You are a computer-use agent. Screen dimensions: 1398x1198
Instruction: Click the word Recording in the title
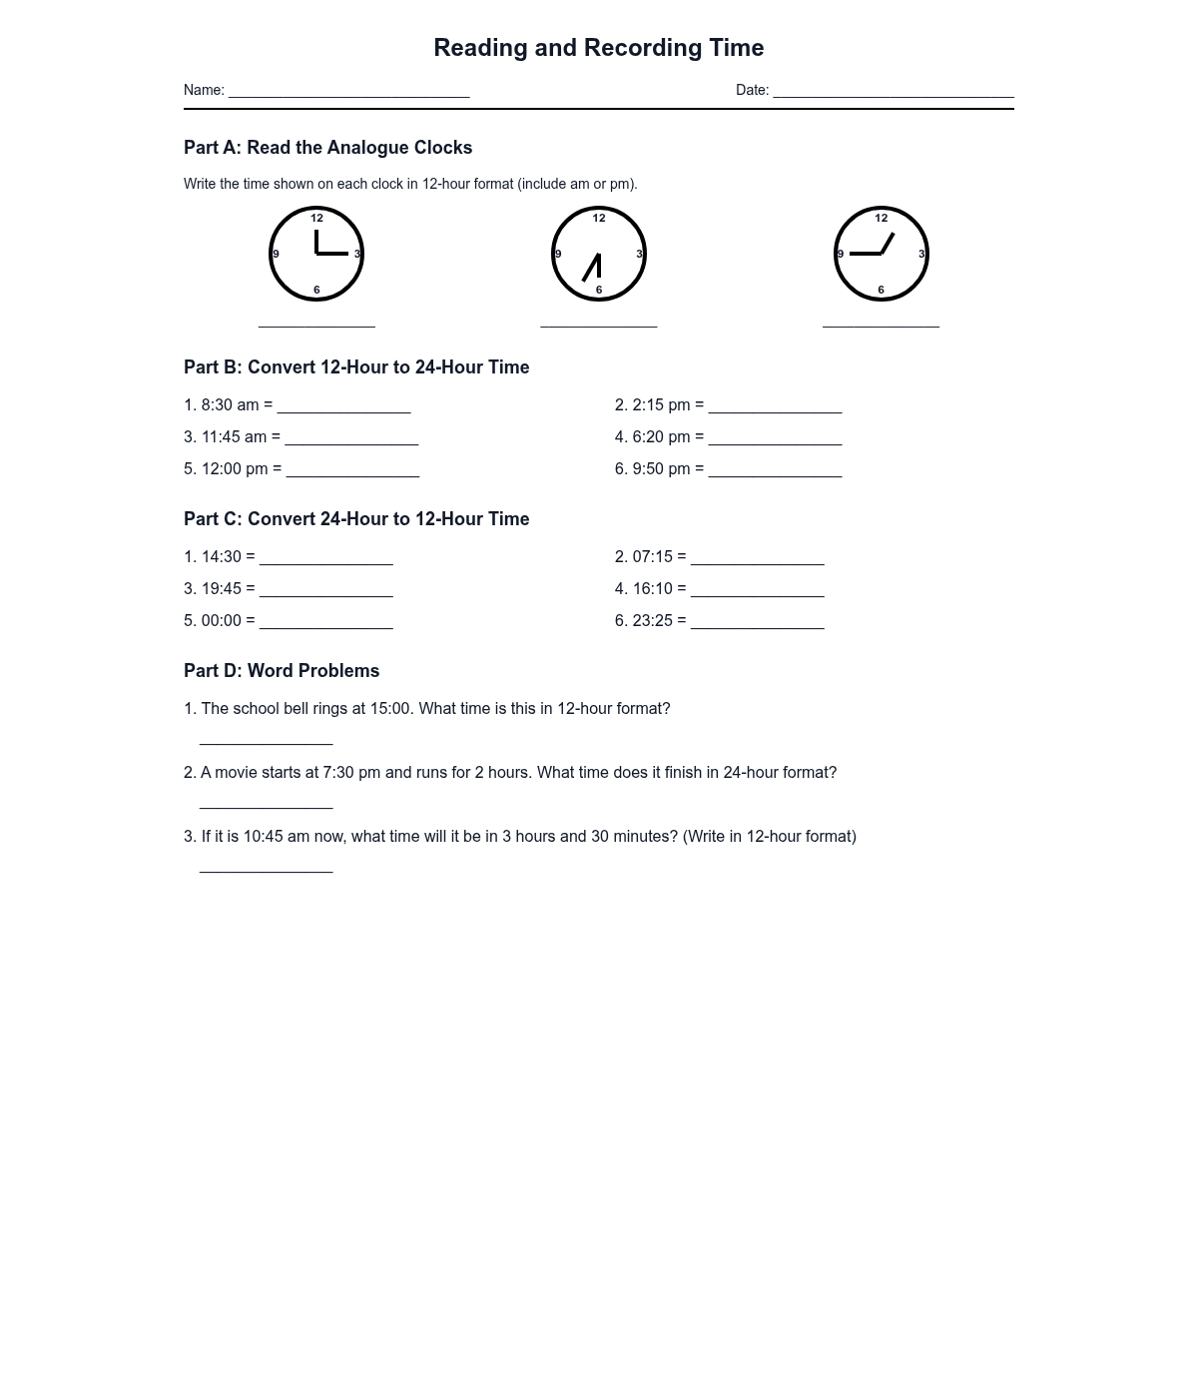click(643, 48)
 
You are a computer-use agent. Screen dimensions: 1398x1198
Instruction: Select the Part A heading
click(327, 148)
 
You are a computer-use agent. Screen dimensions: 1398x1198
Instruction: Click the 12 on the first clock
click(316, 218)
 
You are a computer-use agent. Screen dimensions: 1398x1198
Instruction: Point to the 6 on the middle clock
click(599, 291)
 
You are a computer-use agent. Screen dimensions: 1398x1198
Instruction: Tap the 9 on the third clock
click(841, 254)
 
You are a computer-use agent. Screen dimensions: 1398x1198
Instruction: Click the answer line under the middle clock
click(599, 325)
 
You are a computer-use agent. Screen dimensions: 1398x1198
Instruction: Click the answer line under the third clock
click(881, 325)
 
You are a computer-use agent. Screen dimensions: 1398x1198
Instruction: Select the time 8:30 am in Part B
click(230, 405)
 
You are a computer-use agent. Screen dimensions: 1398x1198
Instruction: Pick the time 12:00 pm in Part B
click(235, 469)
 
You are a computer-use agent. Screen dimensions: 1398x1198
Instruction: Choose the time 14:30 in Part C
click(222, 557)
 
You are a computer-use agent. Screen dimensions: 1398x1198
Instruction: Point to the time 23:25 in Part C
click(653, 621)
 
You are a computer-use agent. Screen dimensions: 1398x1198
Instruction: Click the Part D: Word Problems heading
click(282, 671)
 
